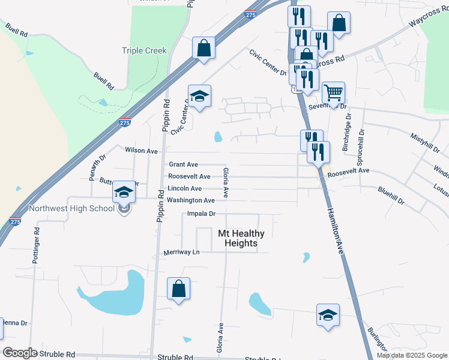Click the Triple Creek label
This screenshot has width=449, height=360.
[144, 51]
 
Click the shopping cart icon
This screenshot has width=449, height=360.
[333, 94]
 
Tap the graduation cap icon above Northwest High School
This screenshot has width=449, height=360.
[124, 193]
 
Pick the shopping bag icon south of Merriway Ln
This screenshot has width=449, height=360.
[179, 289]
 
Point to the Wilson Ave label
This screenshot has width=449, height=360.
[141, 151]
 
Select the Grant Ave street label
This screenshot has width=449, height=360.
[183, 164]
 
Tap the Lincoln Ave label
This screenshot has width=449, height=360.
[184, 188]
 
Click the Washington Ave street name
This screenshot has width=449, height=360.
[190, 200]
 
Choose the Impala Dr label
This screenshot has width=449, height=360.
[201, 214]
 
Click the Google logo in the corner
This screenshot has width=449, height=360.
[19, 353]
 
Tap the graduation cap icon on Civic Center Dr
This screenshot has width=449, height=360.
[199, 96]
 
